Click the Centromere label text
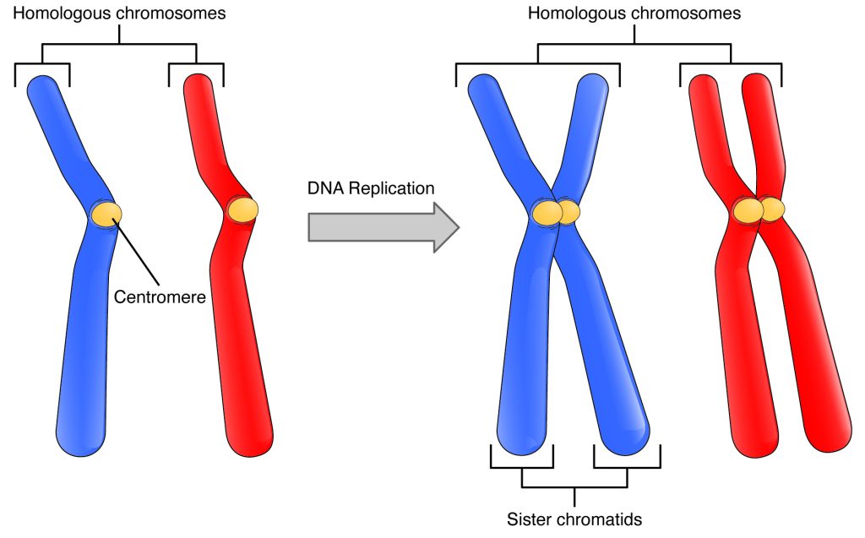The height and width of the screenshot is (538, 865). click(x=160, y=296)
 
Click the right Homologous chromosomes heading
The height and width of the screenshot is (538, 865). click(x=634, y=13)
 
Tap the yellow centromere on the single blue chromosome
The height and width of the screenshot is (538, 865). click(x=106, y=212)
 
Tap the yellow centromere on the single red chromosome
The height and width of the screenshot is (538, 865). click(x=243, y=209)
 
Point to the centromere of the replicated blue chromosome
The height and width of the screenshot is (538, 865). click(x=555, y=213)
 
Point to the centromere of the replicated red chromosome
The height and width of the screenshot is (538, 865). click(x=758, y=209)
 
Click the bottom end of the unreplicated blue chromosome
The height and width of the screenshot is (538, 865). click(x=81, y=435)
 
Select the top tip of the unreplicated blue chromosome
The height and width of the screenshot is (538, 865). click(x=41, y=86)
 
